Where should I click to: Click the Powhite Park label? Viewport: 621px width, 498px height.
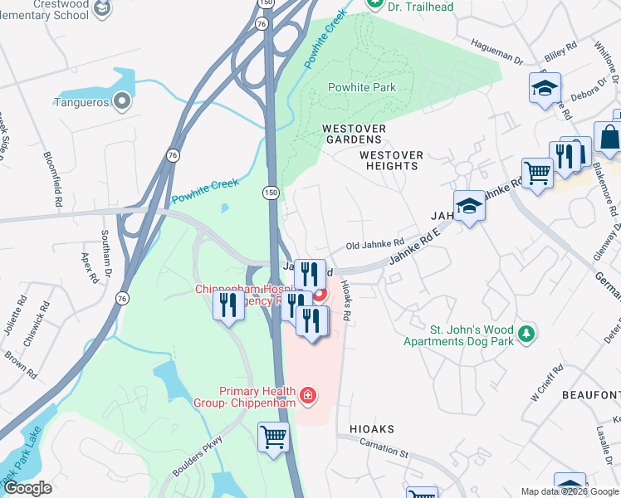[x=361, y=87]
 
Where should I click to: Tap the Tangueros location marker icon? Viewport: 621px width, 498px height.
[x=122, y=103]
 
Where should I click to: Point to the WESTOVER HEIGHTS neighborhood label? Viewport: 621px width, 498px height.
[x=391, y=160]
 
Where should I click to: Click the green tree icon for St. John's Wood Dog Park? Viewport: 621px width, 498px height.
[x=525, y=334]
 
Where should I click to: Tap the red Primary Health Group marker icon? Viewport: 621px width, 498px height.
[x=307, y=396]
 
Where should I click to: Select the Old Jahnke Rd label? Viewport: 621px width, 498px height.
[x=374, y=244]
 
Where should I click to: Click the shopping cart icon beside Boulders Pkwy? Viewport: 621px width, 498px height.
[x=273, y=436]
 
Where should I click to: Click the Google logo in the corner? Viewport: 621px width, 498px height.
[x=27, y=488]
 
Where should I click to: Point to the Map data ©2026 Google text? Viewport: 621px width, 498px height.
[x=570, y=491]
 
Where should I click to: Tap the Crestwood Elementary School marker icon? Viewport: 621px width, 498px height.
[x=102, y=9]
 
